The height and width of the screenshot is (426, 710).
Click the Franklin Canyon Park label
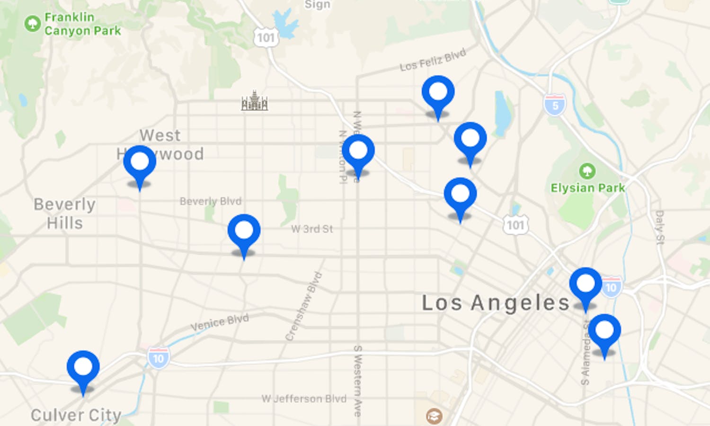tap(82, 24)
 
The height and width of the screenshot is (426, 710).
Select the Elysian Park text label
tap(587, 188)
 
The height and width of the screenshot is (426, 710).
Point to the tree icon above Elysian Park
tap(587, 170)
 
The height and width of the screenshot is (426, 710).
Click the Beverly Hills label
tap(65, 213)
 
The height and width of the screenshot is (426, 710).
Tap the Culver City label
tap(76, 415)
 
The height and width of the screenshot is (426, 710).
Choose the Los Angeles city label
tap(496, 303)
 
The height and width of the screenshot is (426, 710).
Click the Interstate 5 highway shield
tap(555, 105)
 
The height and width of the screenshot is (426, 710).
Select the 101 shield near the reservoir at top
tap(266, 38)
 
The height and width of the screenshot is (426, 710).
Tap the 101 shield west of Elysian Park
tap(515, 225)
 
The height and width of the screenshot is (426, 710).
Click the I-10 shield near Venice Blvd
tap(158, 358)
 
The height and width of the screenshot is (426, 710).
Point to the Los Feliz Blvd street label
tap(433, 60)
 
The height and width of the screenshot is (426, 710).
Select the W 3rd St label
tap(312, 229)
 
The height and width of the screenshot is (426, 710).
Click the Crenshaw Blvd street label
tap(303, 306)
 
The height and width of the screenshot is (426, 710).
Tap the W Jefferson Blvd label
tap(304, 399)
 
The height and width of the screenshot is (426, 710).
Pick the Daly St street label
tap(660, 228)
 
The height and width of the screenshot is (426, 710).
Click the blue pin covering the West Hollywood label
tap(140, 162)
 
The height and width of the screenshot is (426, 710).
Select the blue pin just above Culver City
tap(83, 367)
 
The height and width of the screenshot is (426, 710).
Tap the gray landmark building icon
tap(255, 101)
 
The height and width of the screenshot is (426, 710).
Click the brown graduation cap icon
tap(434, 416)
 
